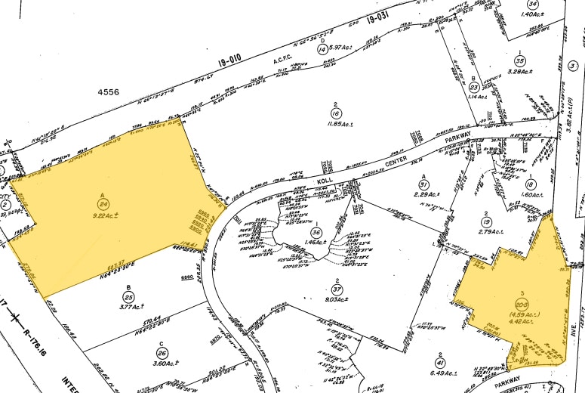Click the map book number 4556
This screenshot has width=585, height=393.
tap(109, 91)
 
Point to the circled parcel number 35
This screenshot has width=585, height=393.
tap(519, 60)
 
